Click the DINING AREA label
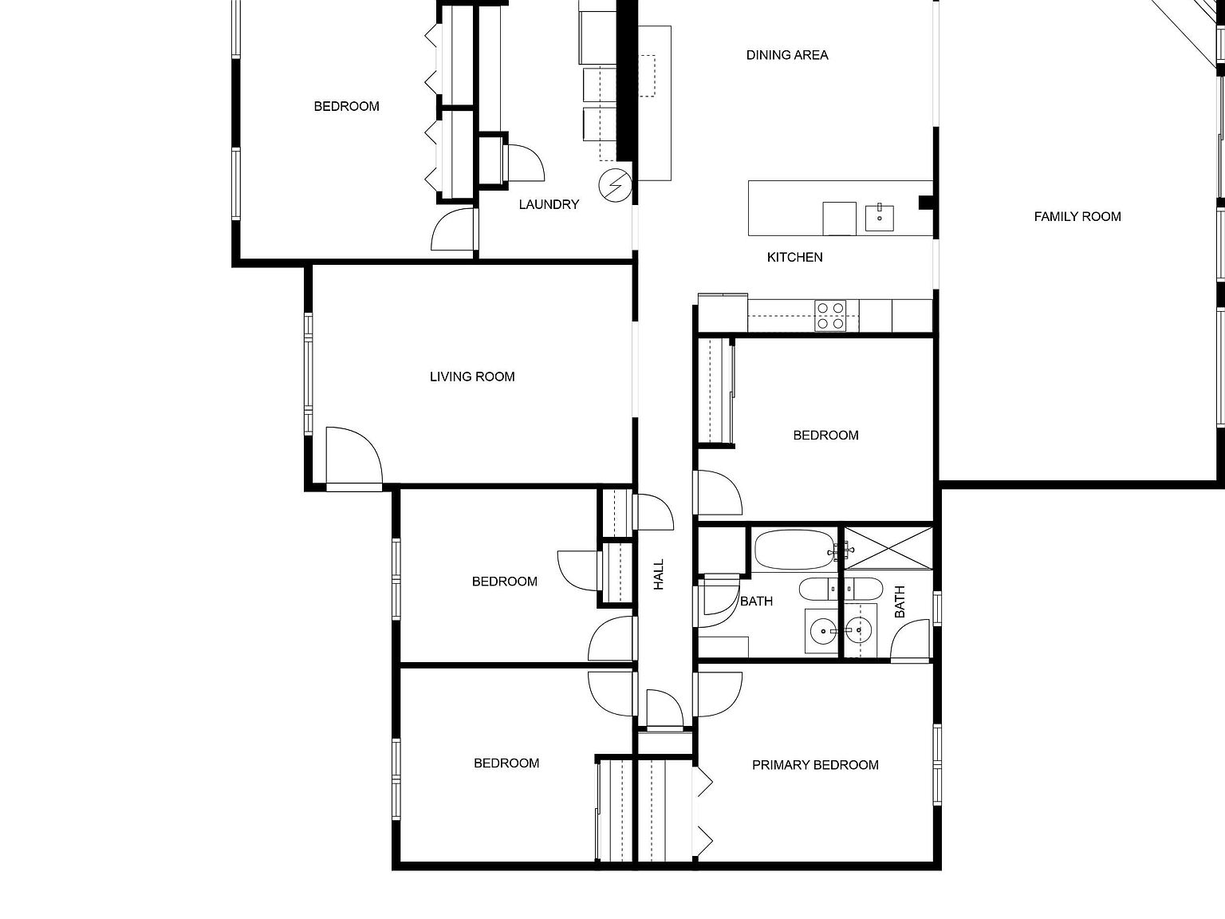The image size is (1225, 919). coord(787,55)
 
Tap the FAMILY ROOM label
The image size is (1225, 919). coord(1077,216)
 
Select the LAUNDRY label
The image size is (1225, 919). coord(549,204)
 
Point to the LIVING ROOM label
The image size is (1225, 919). coord(472,377)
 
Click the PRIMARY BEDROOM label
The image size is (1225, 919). coord(815,765)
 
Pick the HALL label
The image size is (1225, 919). coord(659,574)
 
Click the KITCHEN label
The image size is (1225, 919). coord(794,257)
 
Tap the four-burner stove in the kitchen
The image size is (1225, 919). coord(829,315)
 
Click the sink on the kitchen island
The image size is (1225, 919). coord(880,218)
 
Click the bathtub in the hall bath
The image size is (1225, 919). coord(794,550)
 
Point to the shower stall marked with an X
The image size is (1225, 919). coord(888,548)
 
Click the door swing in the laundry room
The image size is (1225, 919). coord(525,163)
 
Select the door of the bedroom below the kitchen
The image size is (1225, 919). coord(718,493)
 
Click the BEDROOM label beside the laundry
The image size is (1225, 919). coord(346,106)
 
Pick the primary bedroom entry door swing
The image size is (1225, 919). coord(718,694)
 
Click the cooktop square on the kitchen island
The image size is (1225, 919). coord(839,218)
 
